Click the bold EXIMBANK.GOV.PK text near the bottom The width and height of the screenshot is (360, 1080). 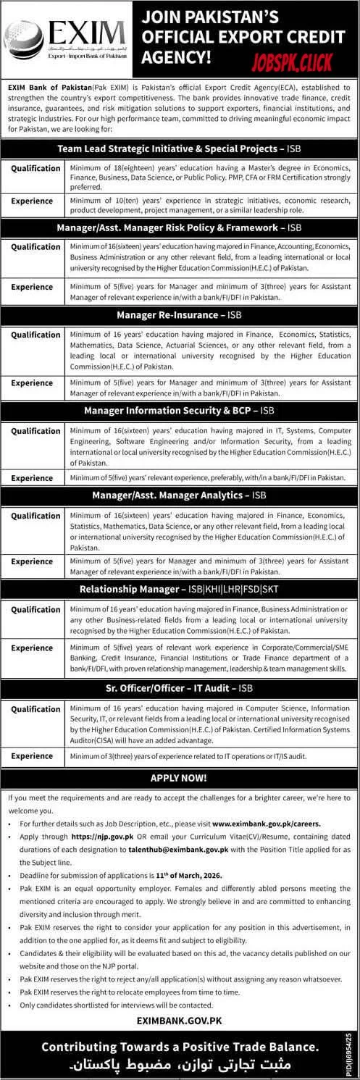pos(180,1021)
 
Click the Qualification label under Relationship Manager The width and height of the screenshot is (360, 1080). pos(36,610)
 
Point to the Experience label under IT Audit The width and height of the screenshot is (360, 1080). pos(32,756)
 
